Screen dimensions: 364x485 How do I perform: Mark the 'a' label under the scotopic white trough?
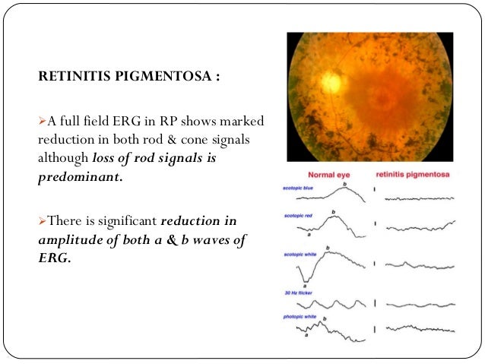click(304, 284)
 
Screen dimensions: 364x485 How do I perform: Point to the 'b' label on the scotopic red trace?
click(332, 212)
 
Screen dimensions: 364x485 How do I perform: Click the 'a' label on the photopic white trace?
click(306, 334)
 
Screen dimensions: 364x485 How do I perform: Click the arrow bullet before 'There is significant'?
click(43, 221)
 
